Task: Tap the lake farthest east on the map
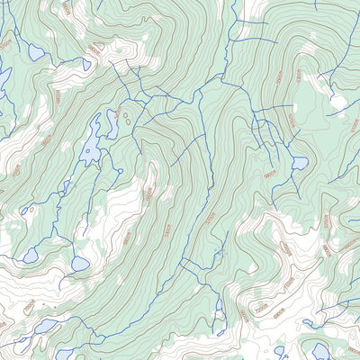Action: pos(319,350)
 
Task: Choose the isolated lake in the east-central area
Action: pos(300,163)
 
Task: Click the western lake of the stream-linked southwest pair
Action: pos(31,256)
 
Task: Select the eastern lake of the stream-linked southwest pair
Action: pos(80,264)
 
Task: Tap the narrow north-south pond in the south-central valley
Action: pos(219,306)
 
